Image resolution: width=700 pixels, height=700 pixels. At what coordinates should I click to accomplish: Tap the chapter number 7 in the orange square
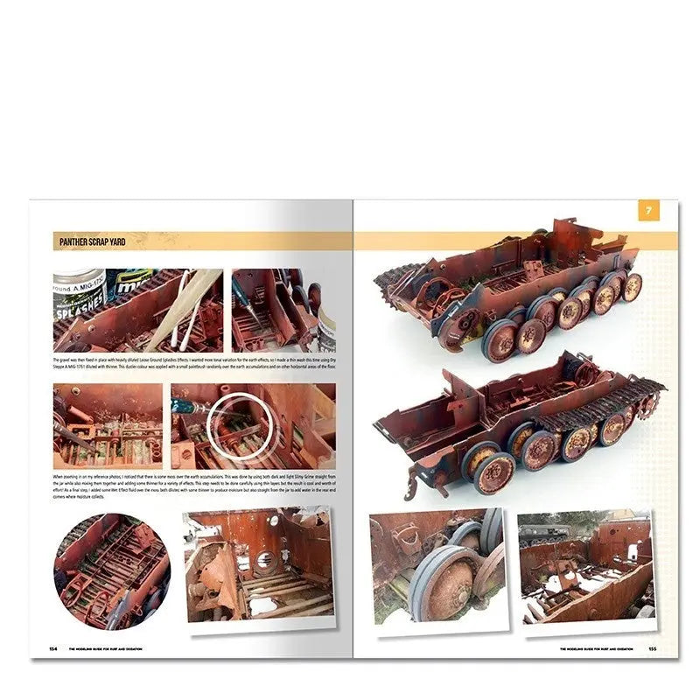pyautogui.click(x=647, y=211)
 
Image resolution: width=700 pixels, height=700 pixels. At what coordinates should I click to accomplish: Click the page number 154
pyautogui.click(x=55, y=648)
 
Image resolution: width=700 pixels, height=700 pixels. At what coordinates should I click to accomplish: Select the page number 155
pyautogui.click(x=652, y=648)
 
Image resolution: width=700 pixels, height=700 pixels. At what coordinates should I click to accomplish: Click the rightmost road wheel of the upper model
pyautogui.click(x=630, y=287)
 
